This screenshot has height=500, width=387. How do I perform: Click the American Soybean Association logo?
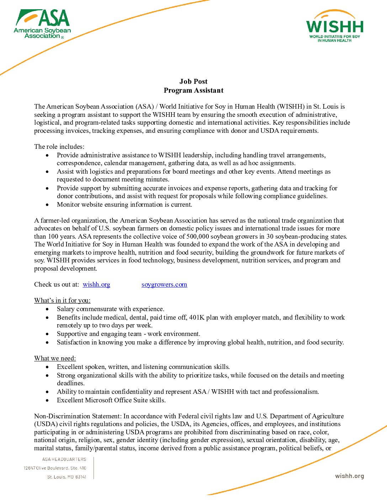click(42, 24)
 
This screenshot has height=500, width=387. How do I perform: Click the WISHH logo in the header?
click(335, 27)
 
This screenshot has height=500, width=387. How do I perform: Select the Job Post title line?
click(193, 82)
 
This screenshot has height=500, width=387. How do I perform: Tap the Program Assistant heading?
click(193, 91)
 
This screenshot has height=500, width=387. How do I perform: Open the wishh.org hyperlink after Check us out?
click(96, 284)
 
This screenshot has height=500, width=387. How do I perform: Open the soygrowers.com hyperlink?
click(164, 284)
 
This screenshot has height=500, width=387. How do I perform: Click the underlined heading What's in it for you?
click(62, 300)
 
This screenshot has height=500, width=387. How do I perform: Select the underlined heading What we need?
click(55, 358)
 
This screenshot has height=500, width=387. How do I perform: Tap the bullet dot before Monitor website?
click(47, 205)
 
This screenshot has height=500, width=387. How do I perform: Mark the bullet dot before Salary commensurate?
click(47, 309)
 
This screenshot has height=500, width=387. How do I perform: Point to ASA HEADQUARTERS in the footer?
click(64, 459)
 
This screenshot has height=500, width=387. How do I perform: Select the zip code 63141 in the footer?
click(81, 477)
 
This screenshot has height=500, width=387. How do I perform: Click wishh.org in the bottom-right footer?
click(349, 476)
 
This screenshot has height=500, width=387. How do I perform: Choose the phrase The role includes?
click(59, 147)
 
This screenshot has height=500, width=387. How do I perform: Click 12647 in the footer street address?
click(30, 468)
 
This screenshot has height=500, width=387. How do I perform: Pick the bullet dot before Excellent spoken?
click(47, 367)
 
